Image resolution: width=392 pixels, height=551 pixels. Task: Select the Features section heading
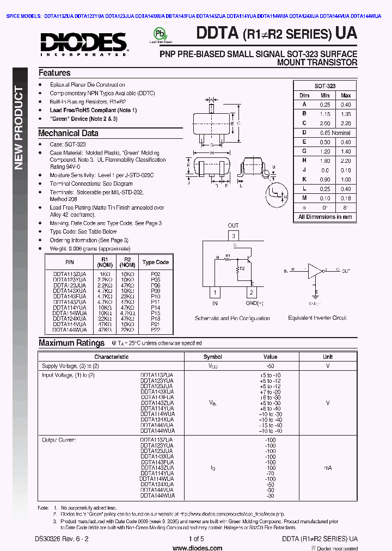54,73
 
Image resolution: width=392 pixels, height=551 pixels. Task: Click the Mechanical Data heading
68,133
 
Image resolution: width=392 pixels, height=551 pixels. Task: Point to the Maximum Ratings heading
71,343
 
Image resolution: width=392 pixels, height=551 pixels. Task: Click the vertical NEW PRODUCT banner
19,128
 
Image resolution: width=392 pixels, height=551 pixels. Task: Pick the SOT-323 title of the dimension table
325,86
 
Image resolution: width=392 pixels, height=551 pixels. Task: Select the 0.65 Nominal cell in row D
335,133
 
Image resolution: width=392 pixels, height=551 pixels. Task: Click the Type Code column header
156,262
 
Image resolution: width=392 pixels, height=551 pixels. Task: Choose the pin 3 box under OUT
233,235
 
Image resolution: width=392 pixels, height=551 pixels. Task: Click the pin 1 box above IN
216,292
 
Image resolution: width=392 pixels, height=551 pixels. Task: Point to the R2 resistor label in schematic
242,268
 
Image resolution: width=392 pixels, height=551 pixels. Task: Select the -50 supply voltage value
271,366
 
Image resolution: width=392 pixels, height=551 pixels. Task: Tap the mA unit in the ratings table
328,468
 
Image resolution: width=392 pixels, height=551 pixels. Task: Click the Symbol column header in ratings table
212,357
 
